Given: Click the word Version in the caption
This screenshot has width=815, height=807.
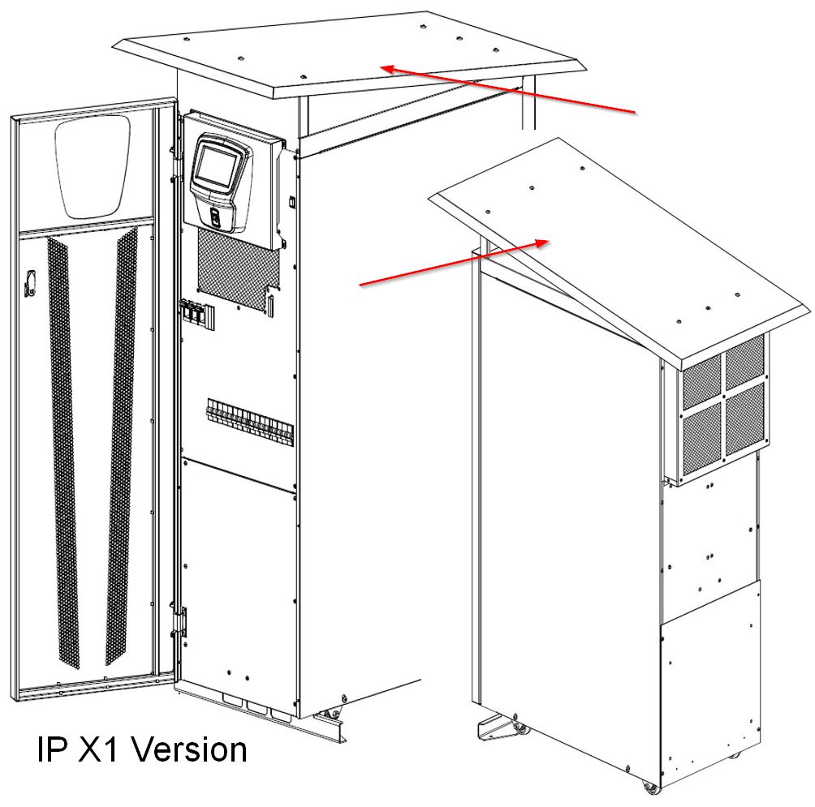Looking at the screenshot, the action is [189, 750].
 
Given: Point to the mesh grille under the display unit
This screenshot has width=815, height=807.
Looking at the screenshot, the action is [238, 270].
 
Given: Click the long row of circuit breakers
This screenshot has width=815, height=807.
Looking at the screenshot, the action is [250, 422].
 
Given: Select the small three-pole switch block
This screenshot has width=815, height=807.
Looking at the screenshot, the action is [197, 314].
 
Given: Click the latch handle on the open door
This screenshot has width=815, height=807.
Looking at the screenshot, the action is [29, 283].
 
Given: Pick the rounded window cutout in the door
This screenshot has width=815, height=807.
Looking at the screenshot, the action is [93, 167].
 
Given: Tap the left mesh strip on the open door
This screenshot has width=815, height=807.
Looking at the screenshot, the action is [63, 452].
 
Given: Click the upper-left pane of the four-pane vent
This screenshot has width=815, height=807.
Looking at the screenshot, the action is [701, 382].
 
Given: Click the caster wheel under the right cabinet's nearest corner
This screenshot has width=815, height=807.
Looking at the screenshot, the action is [649, 786].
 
